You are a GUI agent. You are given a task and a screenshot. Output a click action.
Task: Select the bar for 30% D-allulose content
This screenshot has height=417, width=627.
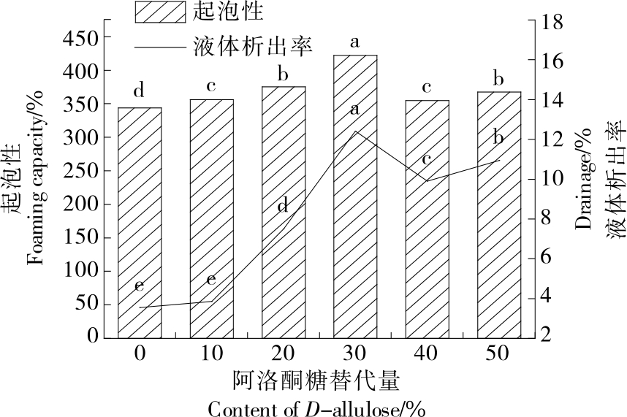(x=355, y=197)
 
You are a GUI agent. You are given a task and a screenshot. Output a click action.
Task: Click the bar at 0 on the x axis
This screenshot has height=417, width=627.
(x=139, y=223)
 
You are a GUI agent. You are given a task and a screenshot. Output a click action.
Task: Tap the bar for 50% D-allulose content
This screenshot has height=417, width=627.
(x=499, y=215)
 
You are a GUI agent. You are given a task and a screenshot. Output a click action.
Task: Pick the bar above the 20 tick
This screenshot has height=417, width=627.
(x=284, y=212)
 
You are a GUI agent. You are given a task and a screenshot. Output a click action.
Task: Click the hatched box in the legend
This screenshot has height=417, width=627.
(x=156, y=12)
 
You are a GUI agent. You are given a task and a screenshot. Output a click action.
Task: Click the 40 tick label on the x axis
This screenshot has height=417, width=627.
(x=427, y=353)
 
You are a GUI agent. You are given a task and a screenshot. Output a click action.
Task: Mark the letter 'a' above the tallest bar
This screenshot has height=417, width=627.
(x=355, y=42)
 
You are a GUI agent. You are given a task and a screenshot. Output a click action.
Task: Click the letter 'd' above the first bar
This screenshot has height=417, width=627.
(x=139, y=91)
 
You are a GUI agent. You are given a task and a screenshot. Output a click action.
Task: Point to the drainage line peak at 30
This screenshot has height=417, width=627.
(x=355, y=131)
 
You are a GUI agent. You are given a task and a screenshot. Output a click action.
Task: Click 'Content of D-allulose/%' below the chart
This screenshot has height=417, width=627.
(x=316, y=407)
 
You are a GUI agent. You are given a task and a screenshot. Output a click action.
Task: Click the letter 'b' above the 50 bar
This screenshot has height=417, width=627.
(x=499, y=78)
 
